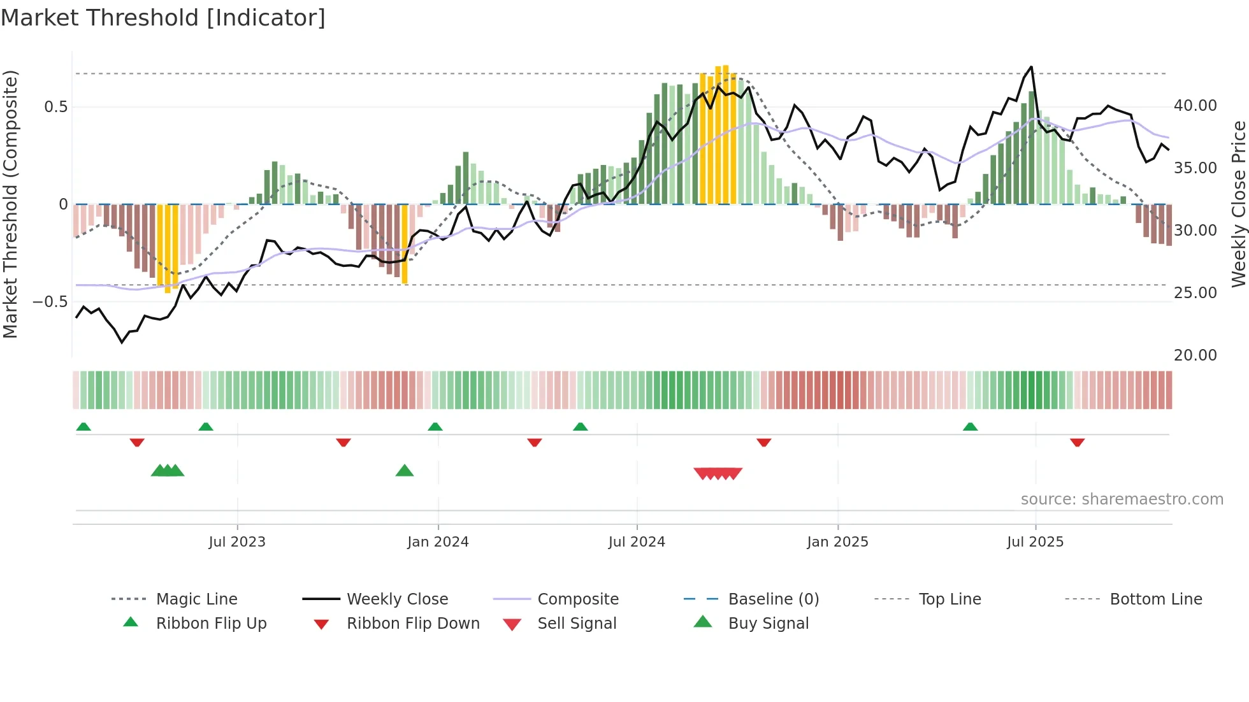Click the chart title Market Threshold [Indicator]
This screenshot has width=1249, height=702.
pos(163,18)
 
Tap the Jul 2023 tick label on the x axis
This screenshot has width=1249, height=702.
pos(236,542)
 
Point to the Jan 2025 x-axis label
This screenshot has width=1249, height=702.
pos(837,542)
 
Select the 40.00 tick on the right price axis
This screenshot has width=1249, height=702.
pos(1195,106)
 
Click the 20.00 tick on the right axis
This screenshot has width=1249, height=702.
pos(1195,355)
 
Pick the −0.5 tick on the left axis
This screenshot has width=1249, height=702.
pos(50,301)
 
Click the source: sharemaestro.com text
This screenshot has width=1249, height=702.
pos(1122,499)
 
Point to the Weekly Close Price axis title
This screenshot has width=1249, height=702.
pos(1238,204)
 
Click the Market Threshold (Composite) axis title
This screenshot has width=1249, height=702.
pos(10,204)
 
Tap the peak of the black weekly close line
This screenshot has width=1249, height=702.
pos(1031,67)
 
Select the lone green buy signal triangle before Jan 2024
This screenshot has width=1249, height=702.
pos(405,471)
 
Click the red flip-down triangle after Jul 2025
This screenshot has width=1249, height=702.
pos(1077,442)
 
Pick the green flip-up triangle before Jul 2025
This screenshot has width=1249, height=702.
pos(970,427)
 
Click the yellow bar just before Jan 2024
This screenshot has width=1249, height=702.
pos(405,244)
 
